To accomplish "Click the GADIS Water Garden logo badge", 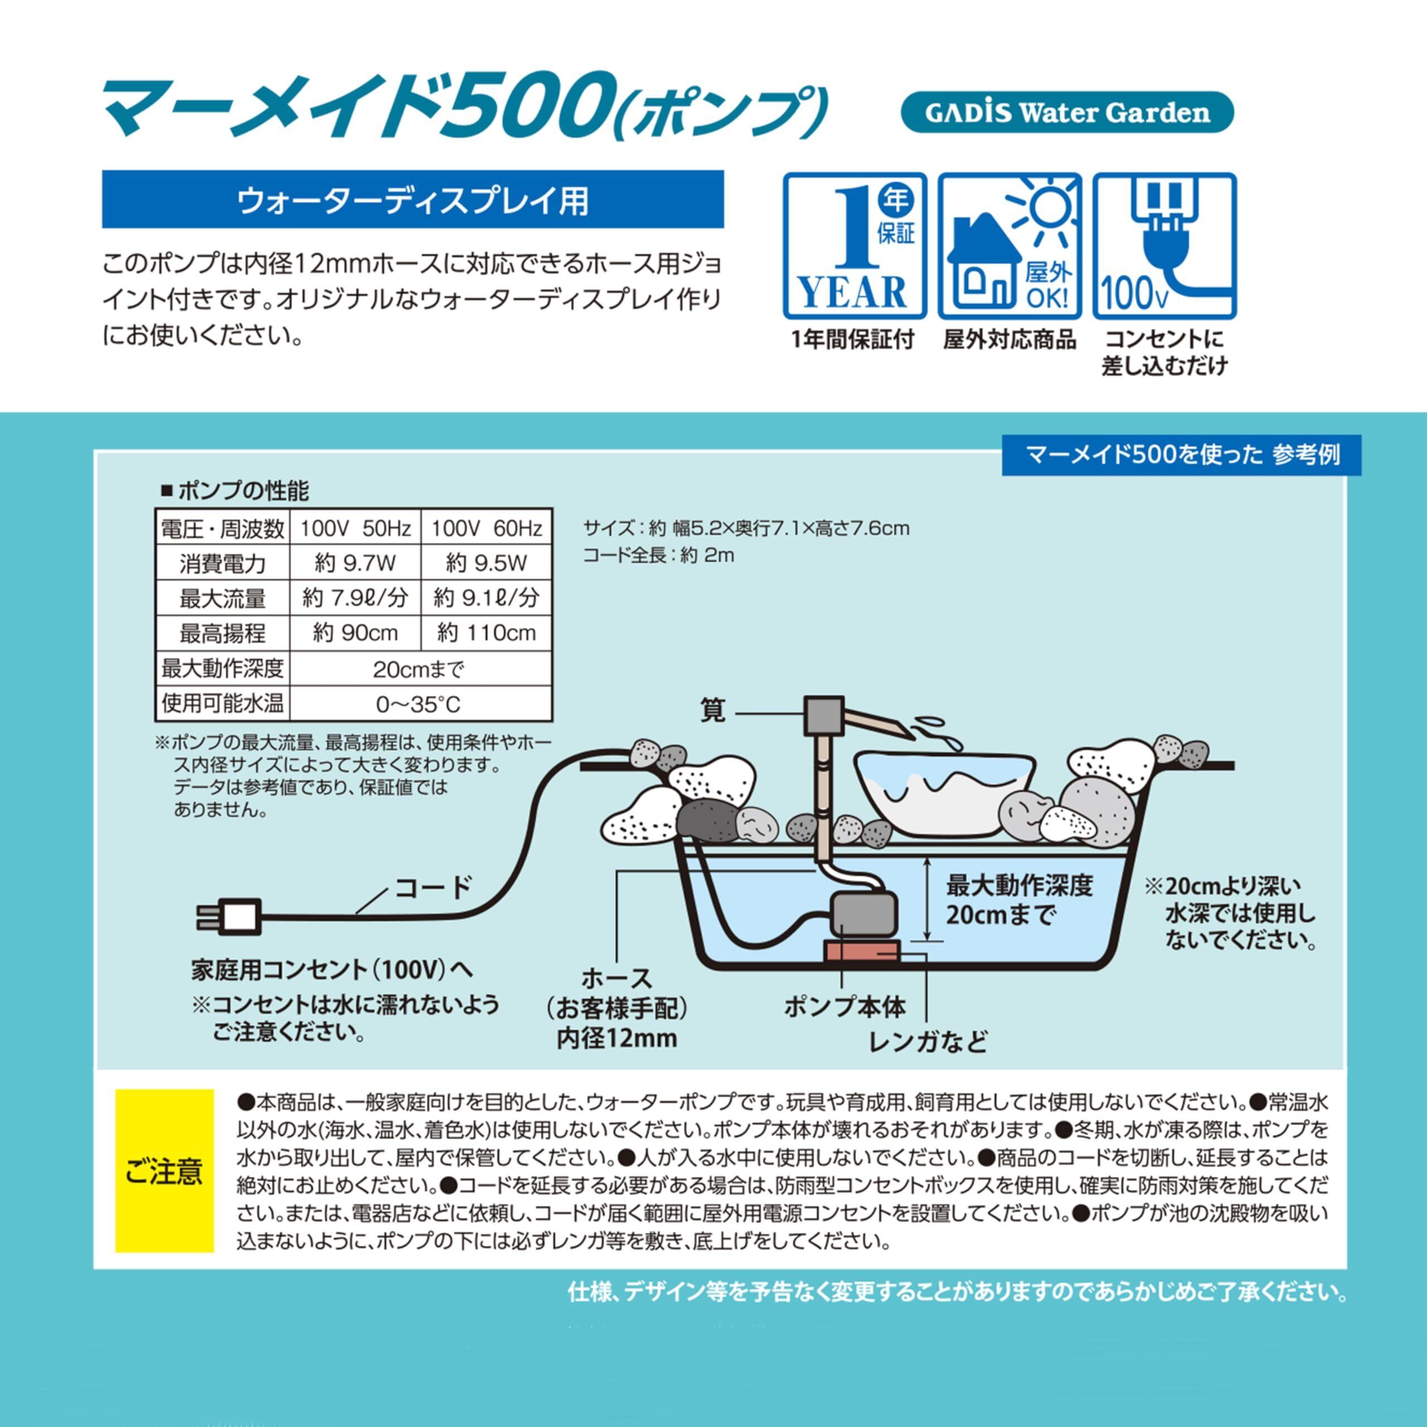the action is pos(1067,112).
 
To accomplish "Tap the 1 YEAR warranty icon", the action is pos(855,246).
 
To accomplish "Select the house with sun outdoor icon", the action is pos(1009,246).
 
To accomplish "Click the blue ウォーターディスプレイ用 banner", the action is pos(413,200).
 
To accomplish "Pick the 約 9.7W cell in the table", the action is pos(355,564).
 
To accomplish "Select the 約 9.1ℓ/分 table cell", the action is pos(486,598).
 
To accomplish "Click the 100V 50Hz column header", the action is pos(355,528).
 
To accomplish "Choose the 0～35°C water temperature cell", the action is pos(420,704).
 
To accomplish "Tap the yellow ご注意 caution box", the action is pos(164,1171).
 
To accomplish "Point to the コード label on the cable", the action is pos(433,887).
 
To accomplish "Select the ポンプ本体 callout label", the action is pos(845,1007).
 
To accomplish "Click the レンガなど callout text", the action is pos(928,1042).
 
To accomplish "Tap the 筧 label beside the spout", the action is pos(713,711).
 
